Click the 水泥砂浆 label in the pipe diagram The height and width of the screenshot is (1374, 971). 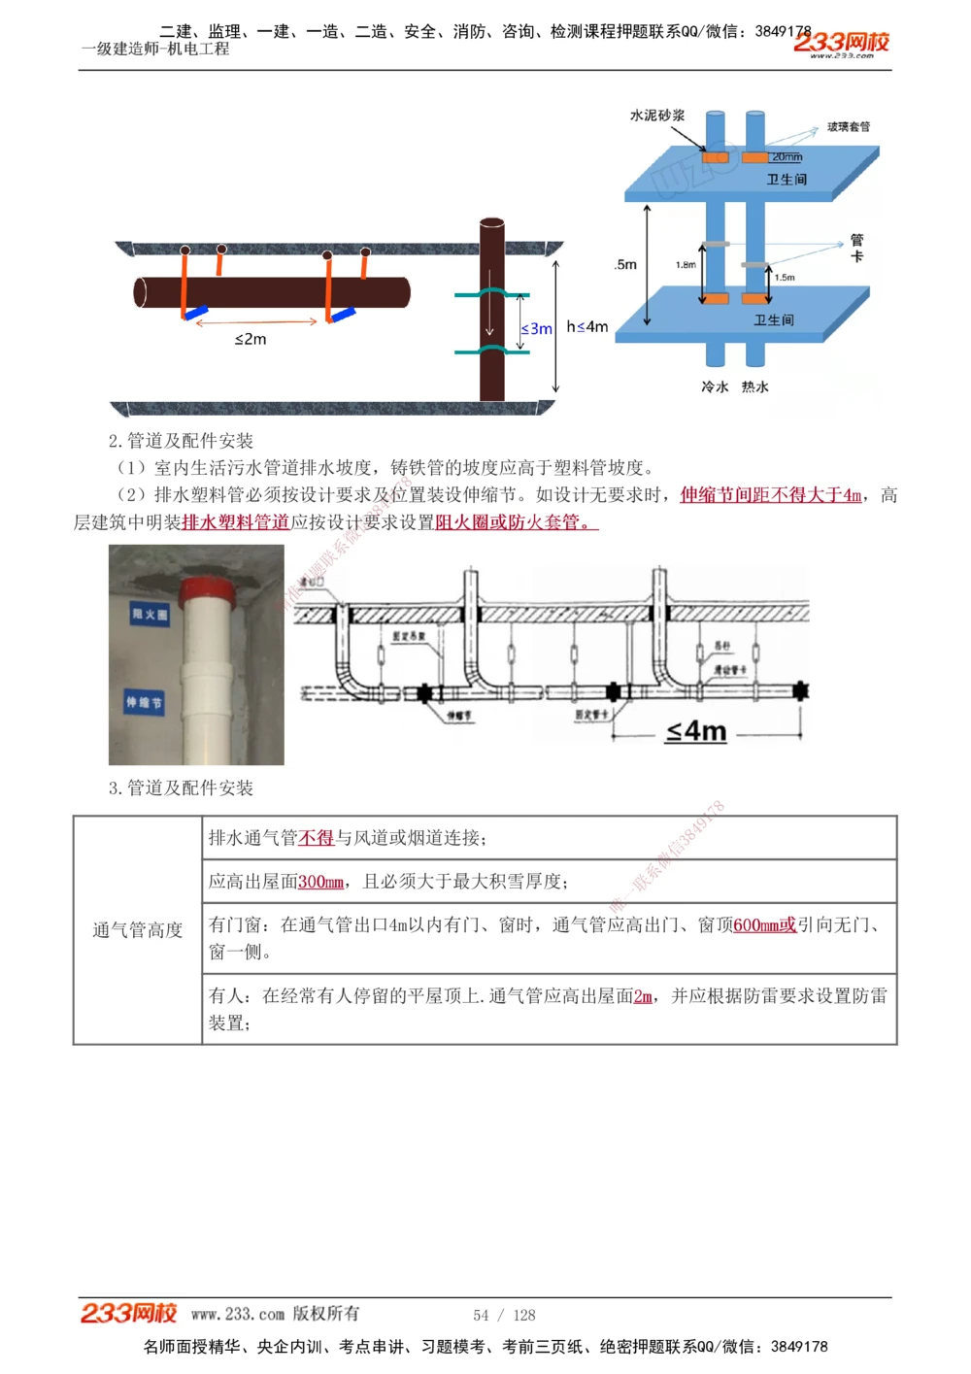pos(657,116)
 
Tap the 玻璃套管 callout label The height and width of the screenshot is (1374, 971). pos(849,126)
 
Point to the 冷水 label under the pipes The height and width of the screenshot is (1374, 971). pos(715,386)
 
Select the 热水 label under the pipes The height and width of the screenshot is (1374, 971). pos(755,386)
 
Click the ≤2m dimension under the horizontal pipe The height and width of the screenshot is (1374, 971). pos(251,339)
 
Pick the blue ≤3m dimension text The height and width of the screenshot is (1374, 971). pos(537,329)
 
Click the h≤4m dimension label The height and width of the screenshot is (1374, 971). pos(587,327)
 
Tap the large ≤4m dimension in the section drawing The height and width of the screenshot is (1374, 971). pos(696,731)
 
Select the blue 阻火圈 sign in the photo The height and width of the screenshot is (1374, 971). pos(150,614)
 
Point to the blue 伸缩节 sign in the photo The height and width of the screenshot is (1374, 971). pos(144,702)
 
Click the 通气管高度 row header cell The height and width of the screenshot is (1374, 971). pos(138,930)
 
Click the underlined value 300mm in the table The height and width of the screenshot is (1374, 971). pos(320,882)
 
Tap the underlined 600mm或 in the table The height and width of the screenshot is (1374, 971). pos(764,925)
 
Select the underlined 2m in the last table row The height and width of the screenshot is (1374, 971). pos(643,996)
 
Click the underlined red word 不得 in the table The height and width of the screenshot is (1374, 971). pos(316,838)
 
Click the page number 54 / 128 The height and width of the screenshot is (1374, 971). pos(504,1315)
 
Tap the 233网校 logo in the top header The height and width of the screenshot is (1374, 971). pos(841,43)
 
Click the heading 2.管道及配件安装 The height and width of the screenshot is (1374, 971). pos(181,441)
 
